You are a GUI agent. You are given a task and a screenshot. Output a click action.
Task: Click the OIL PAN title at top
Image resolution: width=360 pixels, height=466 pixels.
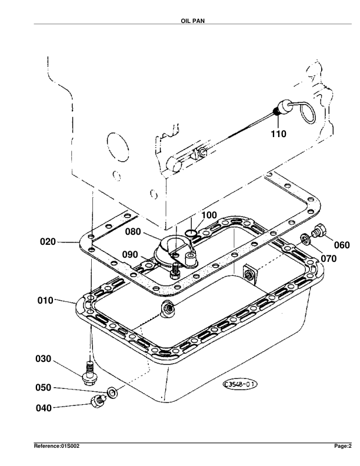click(x=192, y=21)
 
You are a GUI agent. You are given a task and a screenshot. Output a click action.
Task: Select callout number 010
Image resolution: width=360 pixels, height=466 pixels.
click(x=45, y=301)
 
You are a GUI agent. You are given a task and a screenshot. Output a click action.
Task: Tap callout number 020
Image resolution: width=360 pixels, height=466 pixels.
click(x=48, y=242)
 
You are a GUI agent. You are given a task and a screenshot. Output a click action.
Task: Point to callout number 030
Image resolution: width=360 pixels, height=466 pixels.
click(x=44, y=359)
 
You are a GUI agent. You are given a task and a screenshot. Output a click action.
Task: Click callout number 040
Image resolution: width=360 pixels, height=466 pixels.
click(x=44, y=408)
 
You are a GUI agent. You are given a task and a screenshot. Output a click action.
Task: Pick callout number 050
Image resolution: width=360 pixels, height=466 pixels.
click(x=44, y=388)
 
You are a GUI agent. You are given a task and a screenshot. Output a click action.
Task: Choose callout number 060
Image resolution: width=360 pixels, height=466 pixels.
click(x=342, y=245)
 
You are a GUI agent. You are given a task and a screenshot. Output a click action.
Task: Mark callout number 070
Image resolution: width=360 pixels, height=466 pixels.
click(x=329, y=258)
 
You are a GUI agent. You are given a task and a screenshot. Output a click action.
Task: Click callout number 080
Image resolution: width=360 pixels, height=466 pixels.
click(x=133, y=231)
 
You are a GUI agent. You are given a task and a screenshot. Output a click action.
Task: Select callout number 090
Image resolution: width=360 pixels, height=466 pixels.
click(x=130, y=254)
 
